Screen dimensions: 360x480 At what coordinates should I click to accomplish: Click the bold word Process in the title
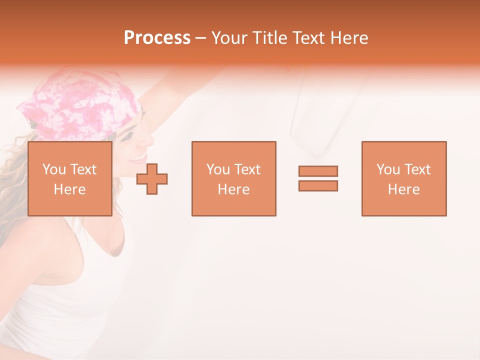pyautogui.click(x=157, y=38)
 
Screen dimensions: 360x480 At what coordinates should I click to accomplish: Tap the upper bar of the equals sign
pyautogui.click(x=318, y=171)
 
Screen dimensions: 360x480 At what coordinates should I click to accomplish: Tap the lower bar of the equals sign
pyautogui.click(x=318, y=185)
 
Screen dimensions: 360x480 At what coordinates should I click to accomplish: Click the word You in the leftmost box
pyautogui.click(x=54, y=169)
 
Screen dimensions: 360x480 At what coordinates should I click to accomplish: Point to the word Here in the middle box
pyautogui.click(x=233, y=189)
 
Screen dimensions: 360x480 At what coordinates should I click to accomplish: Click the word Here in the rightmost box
pyautogui.click(x=404, y=189)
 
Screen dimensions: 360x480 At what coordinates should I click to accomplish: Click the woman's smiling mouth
pyautogui.click(x=137, y=158)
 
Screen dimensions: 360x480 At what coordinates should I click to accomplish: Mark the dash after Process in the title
pyautogui.click(x=201, y=38)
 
